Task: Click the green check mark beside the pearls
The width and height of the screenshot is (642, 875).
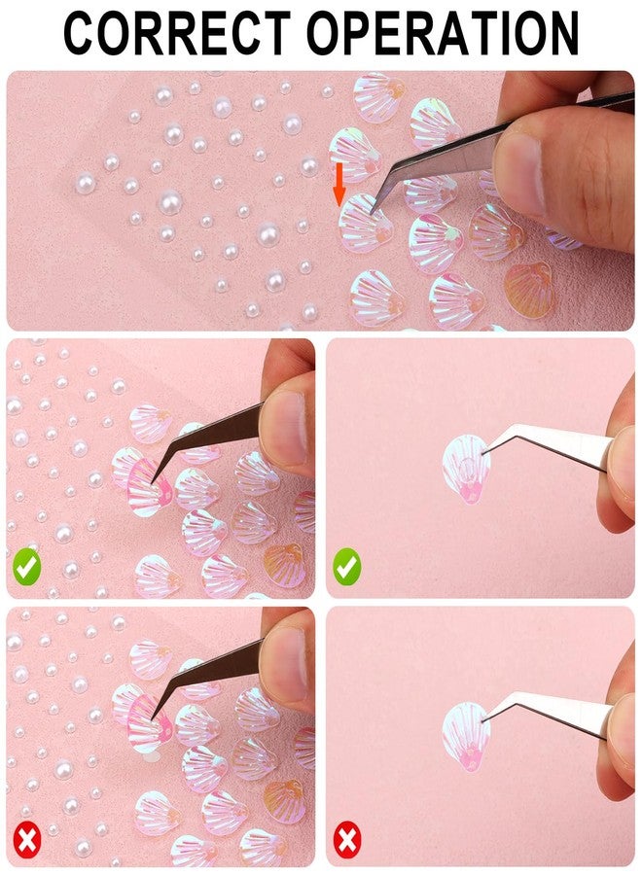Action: [26, 566]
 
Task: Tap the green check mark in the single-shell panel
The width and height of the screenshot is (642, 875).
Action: [346, 566]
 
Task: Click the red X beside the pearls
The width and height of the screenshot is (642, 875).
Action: [26, 838]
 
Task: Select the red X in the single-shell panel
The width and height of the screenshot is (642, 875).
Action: [346, 838]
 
